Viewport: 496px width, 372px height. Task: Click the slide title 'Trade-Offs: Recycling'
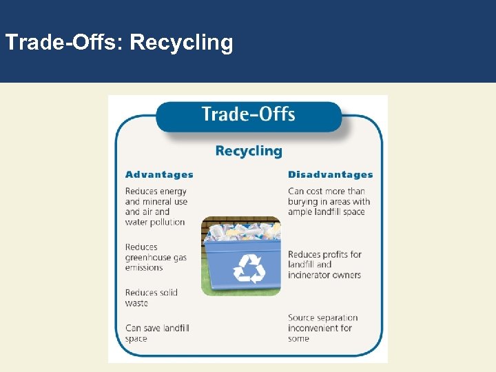click(119, 43)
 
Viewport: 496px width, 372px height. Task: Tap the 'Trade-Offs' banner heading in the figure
click(248, 114)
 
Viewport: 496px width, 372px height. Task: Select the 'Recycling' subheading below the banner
click(249, 151)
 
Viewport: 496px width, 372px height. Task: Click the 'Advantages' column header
click(159, 175)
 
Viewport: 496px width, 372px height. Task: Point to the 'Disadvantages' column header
click(330, 175)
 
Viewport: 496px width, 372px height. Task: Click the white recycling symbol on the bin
click(249, 269)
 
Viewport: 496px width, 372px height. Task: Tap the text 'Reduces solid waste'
click(151, 298)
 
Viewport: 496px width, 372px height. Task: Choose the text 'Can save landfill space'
click(156, 333)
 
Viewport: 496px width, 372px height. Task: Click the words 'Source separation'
click(322, 318)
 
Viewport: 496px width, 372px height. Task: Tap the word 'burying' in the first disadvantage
click(304, 201)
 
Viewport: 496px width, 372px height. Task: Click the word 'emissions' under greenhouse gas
click(144, 267)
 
